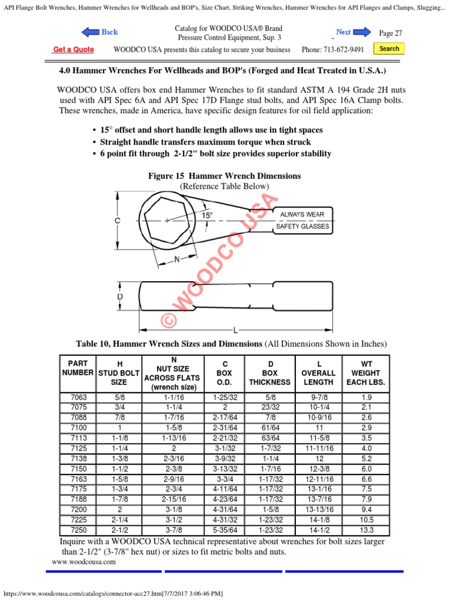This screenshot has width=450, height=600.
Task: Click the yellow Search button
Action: coord(389,49)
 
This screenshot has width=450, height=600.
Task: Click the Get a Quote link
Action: coord(73,50)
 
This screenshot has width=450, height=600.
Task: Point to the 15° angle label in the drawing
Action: coord(207,215)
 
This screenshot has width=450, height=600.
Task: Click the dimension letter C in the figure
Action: coord(117,221)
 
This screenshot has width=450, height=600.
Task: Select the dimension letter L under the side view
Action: coord(236,330)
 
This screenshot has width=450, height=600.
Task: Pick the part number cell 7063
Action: coord(78,397)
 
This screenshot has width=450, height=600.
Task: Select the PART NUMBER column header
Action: coord(78,368)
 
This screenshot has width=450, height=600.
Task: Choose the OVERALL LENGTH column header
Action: coord(318,373)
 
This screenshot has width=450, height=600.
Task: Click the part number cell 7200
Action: coord(78,510)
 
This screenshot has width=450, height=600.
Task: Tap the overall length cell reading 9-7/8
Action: coord(318,397)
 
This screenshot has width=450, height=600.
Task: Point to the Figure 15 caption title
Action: coord(225,176)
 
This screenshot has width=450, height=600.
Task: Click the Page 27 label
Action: coord(390,33)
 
